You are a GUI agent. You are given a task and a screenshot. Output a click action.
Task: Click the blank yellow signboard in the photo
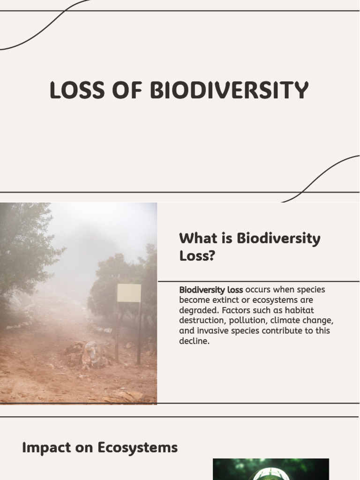pyautogui.click(x=129, y=293)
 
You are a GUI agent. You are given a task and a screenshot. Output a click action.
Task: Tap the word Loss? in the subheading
pyautogui.click(x=197, y=256)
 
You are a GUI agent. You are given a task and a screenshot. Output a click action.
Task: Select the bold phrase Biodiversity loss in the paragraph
pyautogui.click(x=211, y=290)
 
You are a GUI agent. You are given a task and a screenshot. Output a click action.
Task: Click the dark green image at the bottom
pyautogui.click(x=270, y=469)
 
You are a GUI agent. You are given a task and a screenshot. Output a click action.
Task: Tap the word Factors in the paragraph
pyautogui.click(x=237, y=310)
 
